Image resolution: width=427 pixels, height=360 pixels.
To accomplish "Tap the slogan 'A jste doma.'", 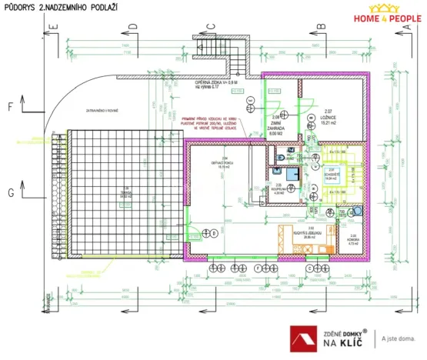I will pos(402,338).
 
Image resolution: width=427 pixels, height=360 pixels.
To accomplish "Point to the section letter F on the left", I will pos(9,107).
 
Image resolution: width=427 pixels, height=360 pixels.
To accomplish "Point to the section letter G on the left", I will pos(9,192).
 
